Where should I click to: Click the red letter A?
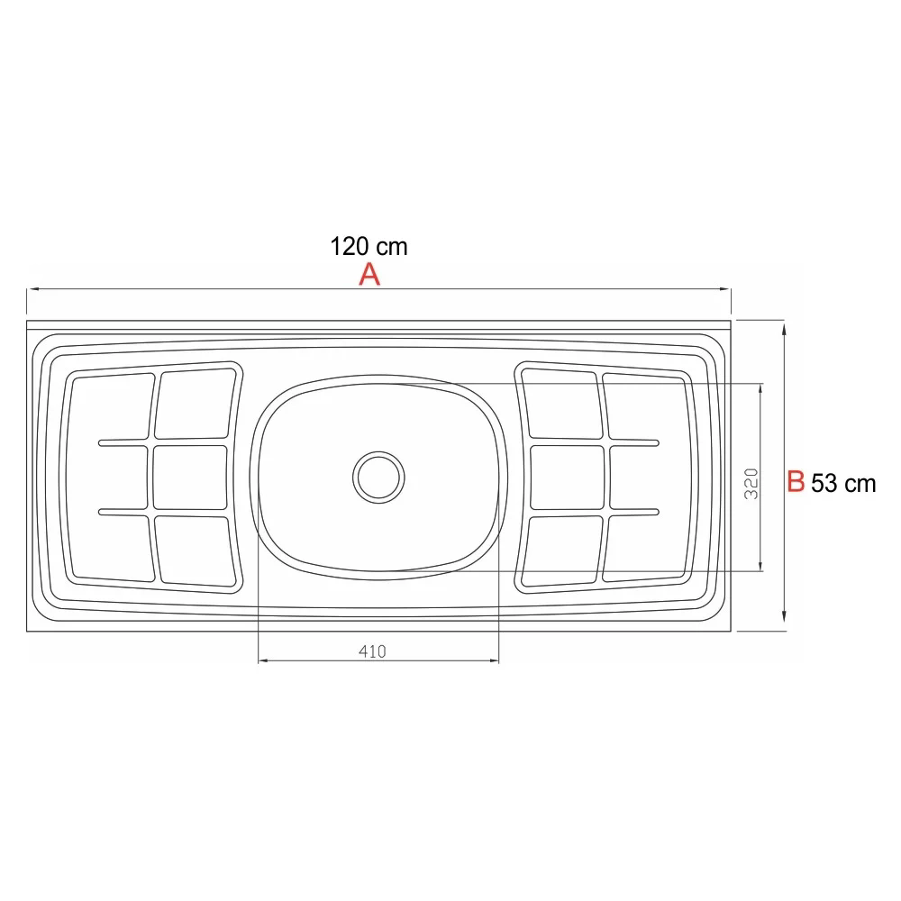369,275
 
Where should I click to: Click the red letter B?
796,481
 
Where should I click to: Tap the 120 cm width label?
369,246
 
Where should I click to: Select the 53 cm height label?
843,483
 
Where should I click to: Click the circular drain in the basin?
378,475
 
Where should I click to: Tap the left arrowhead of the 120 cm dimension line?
32,289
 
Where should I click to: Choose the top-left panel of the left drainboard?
110,406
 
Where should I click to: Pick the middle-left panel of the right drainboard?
566,477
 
